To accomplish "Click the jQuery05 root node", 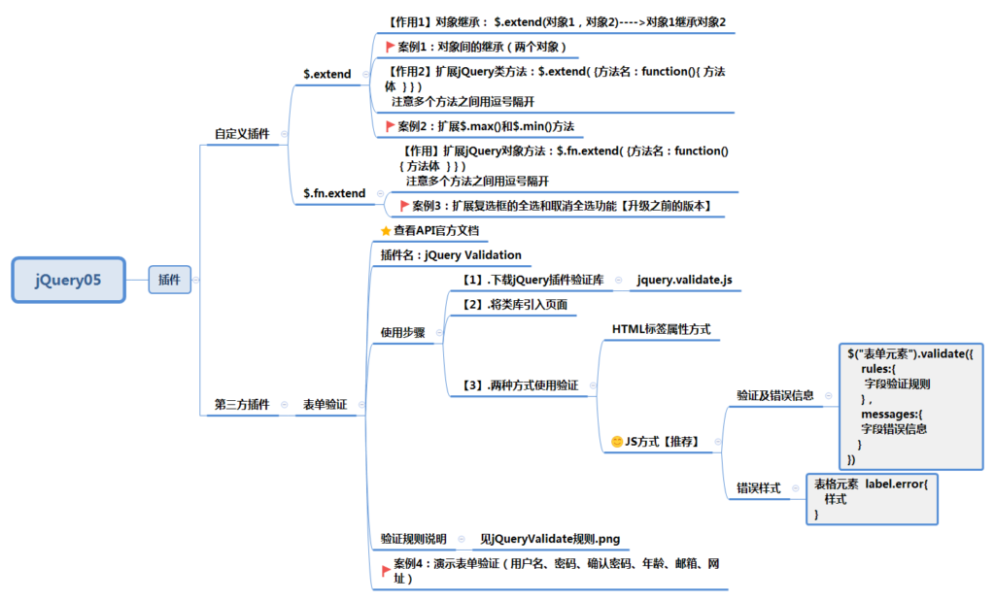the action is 69,280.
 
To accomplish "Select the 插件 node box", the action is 169,280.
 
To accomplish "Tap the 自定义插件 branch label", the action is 242,134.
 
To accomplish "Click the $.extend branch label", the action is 326,74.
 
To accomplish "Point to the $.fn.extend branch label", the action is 334,193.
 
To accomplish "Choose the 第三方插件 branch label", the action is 242,405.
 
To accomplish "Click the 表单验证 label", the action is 325,405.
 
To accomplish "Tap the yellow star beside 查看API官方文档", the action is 386,231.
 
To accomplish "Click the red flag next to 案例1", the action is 390,47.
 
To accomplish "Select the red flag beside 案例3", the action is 404,206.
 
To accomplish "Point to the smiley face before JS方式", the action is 617,441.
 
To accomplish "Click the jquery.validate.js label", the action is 685,280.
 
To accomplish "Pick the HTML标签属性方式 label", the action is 661,329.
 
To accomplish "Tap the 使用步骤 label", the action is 403,332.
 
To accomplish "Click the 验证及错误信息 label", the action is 774,395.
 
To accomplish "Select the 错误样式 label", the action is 759,488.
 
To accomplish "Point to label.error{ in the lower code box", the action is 897,484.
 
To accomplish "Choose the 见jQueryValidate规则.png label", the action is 550,539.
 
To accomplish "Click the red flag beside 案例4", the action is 386,571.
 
